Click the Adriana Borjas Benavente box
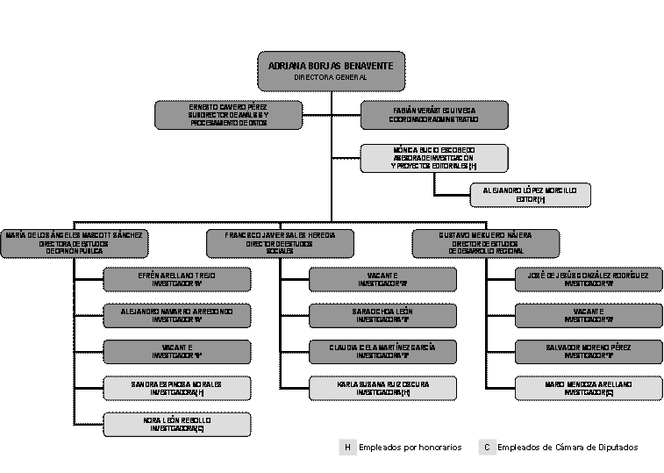(x=331, y=71)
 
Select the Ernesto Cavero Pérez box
(x=228, y=115)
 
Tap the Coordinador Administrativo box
(x=434, y=115)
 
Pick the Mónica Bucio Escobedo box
(x=434, y=158)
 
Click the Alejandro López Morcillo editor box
(x=530, y=195)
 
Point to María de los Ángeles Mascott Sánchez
(x=74, y=243)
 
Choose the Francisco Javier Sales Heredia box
(x=280, y=243)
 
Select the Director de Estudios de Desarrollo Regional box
(x=485, y=243)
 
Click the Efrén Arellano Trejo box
(x=176, y=279)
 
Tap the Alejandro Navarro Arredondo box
(x=176, y=315)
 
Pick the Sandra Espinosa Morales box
(x=176, y=388)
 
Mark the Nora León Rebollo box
(x=176, y=424)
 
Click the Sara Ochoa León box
(x=382, y=315)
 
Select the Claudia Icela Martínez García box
(x=382, y=351)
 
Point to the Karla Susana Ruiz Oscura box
(x=382, y=388)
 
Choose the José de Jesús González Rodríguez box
(x=589, y=279)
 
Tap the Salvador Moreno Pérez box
(x=589, y=351)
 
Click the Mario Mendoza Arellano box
(x=589, y=388)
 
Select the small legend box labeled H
(x=347, y=448)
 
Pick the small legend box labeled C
(x=488, y=448)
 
